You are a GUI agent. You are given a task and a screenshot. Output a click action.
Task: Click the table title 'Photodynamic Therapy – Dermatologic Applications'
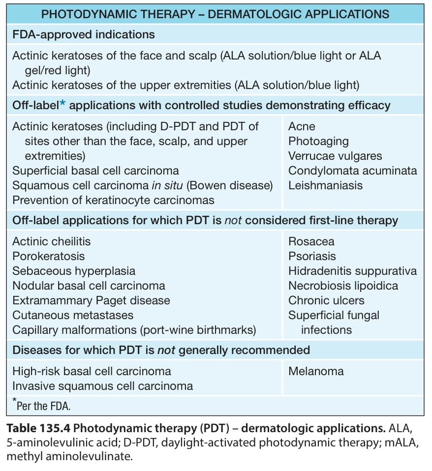coord(215,14)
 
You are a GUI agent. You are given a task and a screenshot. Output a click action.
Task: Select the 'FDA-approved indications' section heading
coord(84,35)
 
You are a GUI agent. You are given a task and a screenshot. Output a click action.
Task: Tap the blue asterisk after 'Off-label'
coord(62,104)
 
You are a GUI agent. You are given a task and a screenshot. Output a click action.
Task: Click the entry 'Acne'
coord(302,126)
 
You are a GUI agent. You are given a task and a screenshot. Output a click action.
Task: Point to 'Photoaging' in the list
coord(318,142)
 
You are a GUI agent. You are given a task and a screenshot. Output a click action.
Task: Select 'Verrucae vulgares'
coord(335,156)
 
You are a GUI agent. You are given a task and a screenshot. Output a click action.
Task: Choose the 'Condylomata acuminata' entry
coord(353,171)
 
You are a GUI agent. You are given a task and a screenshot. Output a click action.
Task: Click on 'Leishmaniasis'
coord(325,185)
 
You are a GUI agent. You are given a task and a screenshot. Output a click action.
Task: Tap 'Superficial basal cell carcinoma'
coord(95,171)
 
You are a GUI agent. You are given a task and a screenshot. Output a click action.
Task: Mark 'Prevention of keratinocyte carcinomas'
coord(113,200)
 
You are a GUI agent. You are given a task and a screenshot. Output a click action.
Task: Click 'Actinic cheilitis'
coord(51,241)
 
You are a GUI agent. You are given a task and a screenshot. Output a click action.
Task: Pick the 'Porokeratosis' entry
coord(48,256)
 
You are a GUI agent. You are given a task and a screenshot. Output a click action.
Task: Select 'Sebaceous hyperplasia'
coord(74,271)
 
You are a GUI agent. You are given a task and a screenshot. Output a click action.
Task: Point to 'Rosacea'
coord(311,241)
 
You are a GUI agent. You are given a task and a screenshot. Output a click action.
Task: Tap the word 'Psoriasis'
coord(312,256)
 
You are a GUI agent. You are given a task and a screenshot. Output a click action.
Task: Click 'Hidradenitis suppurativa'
coord(353,271)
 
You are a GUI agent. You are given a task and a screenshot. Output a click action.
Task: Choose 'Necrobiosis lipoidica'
coord(343,286)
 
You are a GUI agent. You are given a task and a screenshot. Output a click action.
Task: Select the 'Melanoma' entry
coord(316,371)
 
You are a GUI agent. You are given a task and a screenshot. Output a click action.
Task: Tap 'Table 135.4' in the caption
coord(38,428)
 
